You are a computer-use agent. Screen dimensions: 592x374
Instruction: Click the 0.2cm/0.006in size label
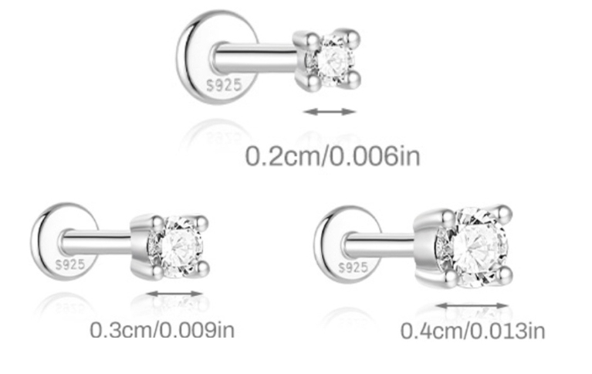point(333,156)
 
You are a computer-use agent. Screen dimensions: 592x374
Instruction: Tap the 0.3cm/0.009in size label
point(162,330)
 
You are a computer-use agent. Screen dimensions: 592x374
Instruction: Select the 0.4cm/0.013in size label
point(472,331)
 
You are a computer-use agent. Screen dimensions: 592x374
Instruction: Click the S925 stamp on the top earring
point(224,85)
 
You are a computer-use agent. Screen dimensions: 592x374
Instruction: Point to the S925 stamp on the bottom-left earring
point(70,264)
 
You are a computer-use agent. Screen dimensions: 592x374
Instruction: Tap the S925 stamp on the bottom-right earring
point(353,267)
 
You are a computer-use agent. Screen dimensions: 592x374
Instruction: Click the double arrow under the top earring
point(330,111)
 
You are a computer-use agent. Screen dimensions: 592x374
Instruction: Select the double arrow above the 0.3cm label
point(174,294)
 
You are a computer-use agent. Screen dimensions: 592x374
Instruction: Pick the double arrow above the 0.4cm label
point(472,305)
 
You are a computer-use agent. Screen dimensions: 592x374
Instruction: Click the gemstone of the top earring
point(332,59)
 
